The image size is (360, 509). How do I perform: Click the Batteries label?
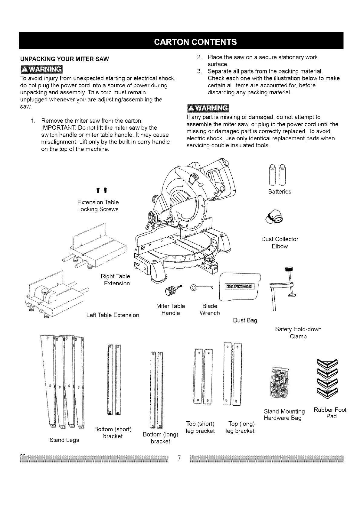(280, 192)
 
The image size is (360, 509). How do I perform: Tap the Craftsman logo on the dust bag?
(240, 287)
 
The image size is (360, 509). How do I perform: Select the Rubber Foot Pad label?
(330, 413)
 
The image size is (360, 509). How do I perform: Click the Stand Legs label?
(64, 440)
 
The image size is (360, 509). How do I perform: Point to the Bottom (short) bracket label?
(113, 433)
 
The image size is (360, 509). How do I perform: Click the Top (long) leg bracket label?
(241, 427)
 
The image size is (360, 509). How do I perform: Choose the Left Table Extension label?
(113, 315)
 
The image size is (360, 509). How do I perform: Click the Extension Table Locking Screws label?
(98, 206)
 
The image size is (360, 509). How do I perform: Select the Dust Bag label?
(245, 320)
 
